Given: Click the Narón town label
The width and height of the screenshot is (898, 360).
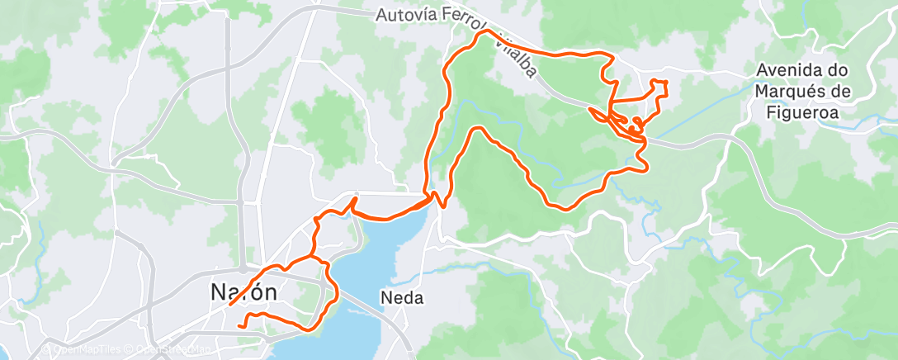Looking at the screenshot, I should click(243, 292).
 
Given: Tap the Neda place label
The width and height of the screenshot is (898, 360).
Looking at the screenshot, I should click(402, 297).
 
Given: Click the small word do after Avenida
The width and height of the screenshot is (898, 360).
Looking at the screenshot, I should click(839, 71).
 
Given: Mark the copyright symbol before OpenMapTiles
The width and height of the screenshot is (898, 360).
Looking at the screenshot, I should click(47, 351).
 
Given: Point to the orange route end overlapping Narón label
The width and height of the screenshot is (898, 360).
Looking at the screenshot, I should click(229, 305).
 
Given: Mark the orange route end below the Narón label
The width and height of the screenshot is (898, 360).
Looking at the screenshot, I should click(239, 326).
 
